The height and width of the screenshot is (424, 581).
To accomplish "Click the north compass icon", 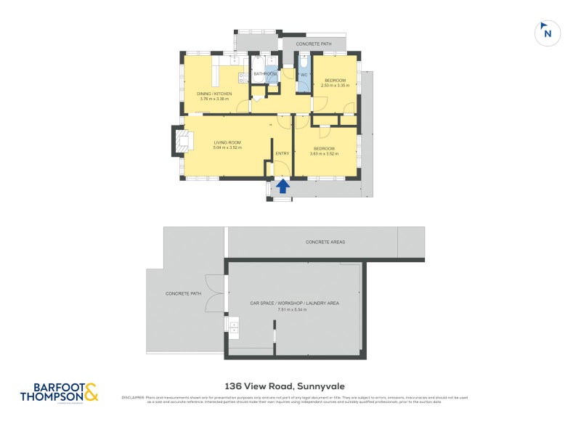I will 548,32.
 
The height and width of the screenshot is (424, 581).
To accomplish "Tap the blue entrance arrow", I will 283,187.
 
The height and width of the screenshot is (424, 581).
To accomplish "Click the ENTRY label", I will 282,153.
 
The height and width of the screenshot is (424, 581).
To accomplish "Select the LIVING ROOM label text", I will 227,142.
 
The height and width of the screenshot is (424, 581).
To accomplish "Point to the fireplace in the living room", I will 179,141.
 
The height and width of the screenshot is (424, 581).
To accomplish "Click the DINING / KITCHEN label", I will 214,94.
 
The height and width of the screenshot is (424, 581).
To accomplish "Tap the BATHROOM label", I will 265,74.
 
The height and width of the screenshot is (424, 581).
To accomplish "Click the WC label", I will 304,75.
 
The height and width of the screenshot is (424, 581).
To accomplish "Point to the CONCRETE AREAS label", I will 325,242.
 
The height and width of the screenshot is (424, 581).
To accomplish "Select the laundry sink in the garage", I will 234,330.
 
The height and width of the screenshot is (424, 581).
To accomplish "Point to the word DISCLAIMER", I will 132,398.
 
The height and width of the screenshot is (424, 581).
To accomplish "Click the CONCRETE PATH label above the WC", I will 314,44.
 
